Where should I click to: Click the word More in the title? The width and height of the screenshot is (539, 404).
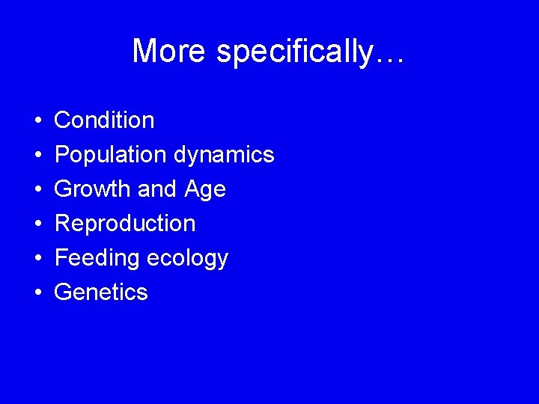coord(170,52)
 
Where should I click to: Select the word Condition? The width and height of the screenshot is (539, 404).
coord(104,120)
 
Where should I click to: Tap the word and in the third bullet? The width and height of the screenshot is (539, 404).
coord(156,189)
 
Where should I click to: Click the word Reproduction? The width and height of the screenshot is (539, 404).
coord(125,224)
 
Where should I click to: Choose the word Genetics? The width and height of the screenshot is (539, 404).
coord(101,292)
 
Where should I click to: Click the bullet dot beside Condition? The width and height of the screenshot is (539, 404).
coord(37,120)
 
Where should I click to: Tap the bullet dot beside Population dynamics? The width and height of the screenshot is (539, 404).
coord(37,155)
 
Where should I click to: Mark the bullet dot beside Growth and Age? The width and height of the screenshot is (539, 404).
coord(37,189)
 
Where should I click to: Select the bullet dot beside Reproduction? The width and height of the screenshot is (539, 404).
coord(37,224)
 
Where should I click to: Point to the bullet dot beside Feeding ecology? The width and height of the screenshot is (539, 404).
coord(37,258)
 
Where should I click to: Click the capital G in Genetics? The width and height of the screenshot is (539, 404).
coord(64,292)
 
